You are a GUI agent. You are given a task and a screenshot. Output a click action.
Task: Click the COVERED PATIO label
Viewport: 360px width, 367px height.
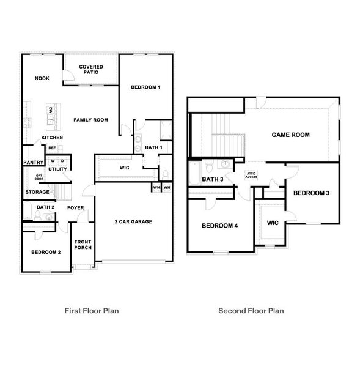coord(90,69)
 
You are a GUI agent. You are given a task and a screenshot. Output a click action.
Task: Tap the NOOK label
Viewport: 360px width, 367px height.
coord(42,78)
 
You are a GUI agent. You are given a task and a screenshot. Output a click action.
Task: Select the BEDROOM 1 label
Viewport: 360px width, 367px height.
coord(145,87)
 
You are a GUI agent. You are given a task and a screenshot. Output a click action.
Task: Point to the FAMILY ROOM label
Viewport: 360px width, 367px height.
coord(90,120)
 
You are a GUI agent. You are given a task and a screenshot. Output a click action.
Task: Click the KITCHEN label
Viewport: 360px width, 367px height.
coord(52,138)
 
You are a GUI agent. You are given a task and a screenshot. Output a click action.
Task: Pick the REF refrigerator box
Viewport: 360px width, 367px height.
coord(52,148)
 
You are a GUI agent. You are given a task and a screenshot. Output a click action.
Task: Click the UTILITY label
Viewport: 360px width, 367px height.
coord(57,169)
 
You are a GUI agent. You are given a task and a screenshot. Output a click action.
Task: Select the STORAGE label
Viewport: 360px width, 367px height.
coord(37,192)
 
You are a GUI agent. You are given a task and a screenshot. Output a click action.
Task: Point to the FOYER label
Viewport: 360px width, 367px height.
coord(76,208)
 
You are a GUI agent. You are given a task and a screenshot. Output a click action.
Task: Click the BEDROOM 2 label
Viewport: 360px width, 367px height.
coord(46,252)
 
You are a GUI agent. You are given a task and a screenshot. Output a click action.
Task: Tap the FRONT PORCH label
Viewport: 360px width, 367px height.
coord(83,245)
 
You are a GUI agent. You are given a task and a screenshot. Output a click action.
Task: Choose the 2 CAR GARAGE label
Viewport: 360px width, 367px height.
coord(133,221)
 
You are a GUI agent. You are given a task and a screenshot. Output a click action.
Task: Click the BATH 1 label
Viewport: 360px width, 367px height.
coord(153,148)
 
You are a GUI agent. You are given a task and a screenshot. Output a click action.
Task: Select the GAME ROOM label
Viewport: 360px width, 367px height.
coord(290,135)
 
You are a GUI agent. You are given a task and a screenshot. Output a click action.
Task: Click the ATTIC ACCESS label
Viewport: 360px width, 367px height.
coord(251,176)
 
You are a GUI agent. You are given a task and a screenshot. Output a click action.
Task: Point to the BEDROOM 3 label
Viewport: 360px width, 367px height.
coord(311,193)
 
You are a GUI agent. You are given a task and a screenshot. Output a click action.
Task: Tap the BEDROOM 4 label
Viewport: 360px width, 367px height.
coord(219,226)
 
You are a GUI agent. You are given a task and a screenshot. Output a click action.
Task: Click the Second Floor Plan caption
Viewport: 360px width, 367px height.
coord(251,311)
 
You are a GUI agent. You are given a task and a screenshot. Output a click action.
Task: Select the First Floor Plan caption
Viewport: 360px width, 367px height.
coord(92,311)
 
